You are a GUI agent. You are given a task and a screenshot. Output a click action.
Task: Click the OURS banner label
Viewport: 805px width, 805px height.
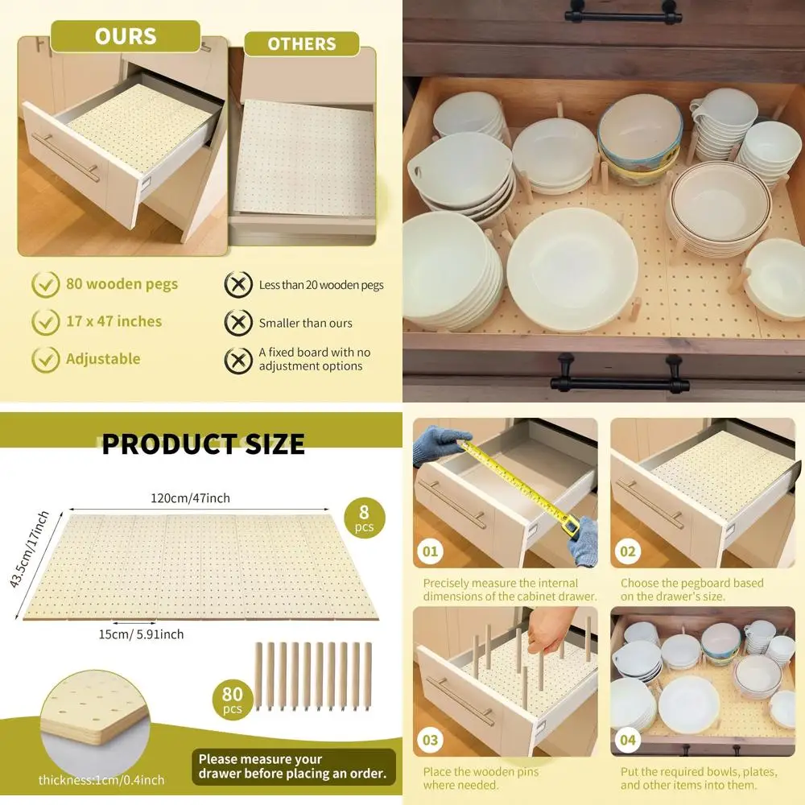coord(125,36)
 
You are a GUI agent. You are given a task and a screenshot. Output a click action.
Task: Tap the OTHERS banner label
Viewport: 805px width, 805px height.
coord(301,44)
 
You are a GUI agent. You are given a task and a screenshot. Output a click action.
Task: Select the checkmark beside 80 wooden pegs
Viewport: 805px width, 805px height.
coord(45,284)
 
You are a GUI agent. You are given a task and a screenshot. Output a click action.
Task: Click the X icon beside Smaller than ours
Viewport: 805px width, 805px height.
coord(237,323)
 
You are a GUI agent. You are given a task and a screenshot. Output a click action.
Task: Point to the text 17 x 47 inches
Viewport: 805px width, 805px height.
coord(114,321)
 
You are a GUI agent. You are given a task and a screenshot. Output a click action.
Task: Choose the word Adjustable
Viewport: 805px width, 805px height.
coord(103,359)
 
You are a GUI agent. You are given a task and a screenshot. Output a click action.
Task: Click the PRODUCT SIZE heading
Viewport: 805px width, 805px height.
coord(203,444)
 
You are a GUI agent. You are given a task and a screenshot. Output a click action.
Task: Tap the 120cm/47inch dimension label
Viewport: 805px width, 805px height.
coord(189,498)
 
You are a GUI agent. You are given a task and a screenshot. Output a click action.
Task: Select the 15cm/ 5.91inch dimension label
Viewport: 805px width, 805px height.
coord(141,634)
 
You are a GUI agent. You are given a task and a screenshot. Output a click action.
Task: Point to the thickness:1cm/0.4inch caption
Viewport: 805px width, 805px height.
coord(101,779)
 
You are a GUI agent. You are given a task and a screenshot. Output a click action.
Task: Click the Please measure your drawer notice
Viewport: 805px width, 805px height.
coord(294,766)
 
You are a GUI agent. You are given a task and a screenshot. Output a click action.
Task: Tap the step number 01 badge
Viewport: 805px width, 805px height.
coord(431,551)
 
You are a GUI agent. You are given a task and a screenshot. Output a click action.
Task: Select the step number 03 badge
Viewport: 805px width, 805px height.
coord(431,740)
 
